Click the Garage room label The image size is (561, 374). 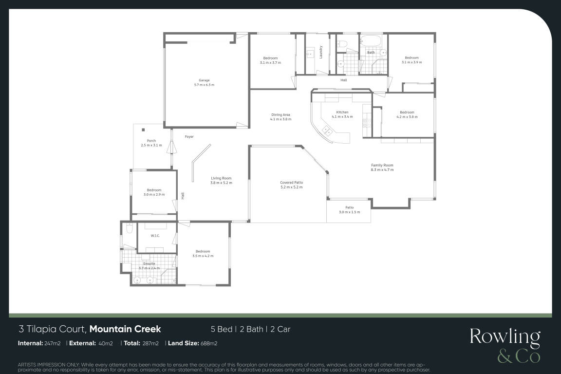pos(205,80)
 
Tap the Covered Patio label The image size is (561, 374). pos(292,183)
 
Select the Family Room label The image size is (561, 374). pos(382,166)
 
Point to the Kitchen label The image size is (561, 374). pos(342,112)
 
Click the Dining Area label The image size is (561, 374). pos(280,115)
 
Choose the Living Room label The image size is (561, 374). pos(221,178)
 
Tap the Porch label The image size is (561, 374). pos(151,141)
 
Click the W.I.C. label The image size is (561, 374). pos(155,236)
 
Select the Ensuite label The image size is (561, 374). pos(149,263)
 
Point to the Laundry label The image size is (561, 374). pos(321,52)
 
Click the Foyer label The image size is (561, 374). pos(189,137)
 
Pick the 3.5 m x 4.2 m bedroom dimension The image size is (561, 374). pos(203,256)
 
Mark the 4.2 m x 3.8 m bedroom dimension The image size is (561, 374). pos(407,117)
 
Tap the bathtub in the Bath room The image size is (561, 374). pos(371,40)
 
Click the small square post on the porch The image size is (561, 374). pos(143,130)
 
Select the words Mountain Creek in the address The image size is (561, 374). pos(125,329)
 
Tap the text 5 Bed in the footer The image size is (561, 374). pos(222,329)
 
